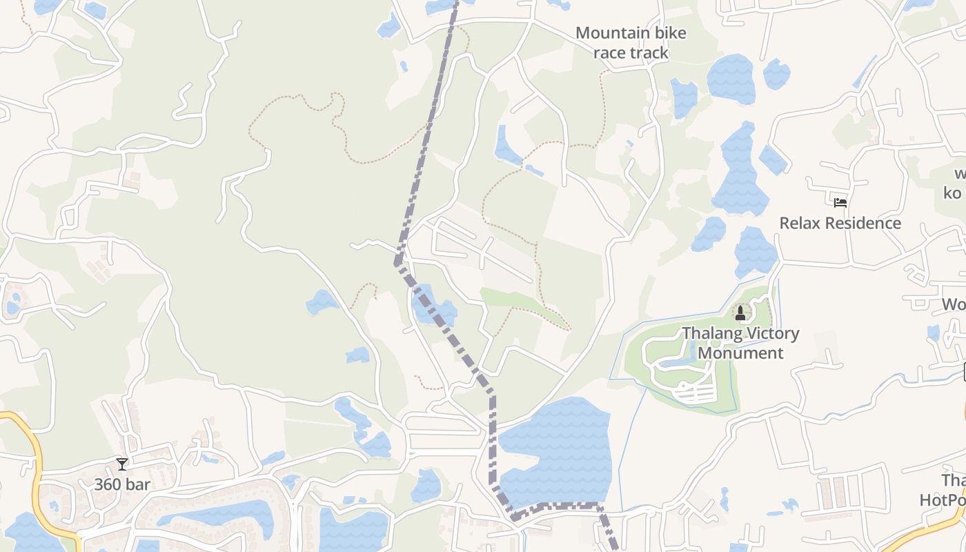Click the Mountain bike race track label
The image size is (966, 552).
pyautogui.click(x=631, y=42)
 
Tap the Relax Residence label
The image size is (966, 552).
pyautogui.click(x=840, y=223)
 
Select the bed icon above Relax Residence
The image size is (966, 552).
pyautogui.click(x=840, y=202)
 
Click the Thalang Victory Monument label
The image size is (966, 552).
pyautogui.click(x=741, y=343)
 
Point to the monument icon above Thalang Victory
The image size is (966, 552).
pyautogui.click(x=740, y=314)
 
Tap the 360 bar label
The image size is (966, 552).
pyautogui.click(x=122, y=484)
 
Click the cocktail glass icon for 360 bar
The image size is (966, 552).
pyautogui.click(x=122, y=464)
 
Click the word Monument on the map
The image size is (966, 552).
pyautogui.click(x=741, y=353)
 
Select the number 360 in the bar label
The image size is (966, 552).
pyautogui.click(x=108, y=484)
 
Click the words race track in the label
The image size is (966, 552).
pyautogui.click(x=631, y=52)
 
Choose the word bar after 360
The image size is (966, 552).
pyautogui.click(x=138, y=484)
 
